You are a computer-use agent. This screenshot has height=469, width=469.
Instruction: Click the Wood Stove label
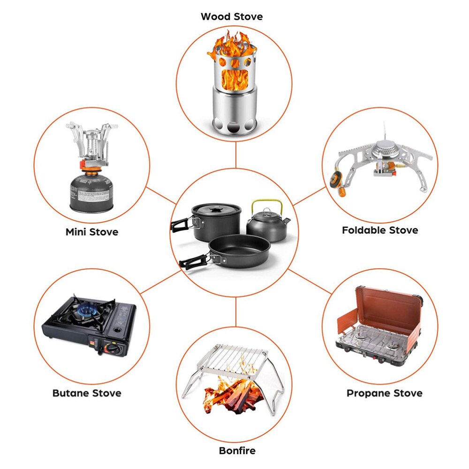pyautogui.click(x=232, y=16)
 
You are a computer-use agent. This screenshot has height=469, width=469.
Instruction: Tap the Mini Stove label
pyautogui.click(x=92, y=232)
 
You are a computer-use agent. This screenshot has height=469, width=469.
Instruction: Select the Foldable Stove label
pyautogui.click(x=380, y=230)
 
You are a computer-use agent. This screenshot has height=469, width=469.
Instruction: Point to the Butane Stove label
pyautogui.click(x=87, y=393)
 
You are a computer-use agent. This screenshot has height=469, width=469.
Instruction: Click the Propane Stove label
pyautogui.click(x=385, y=393)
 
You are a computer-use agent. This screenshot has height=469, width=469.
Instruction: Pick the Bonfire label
pyautogui.click(x=237, y=450)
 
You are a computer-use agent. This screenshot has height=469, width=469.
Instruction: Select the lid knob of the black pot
pyautogui.click(x=216, y=209)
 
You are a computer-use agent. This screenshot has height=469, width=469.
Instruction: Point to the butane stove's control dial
pyautogui.click(x=113, y=349)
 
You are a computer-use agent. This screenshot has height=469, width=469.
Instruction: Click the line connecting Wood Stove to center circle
pyautogui.click(x=236, y=155)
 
